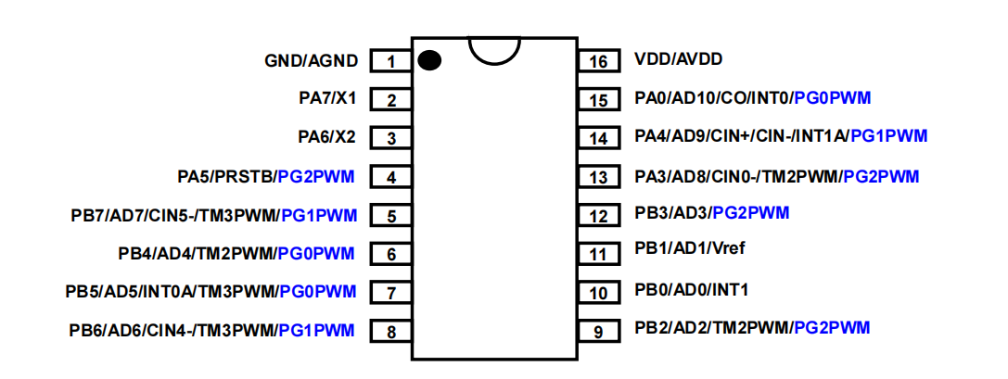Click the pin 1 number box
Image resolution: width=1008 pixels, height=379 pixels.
[x=391, y=61]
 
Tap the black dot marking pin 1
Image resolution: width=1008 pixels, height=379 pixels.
[x=428, y=61]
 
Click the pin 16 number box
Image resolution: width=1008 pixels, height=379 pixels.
[x=599, y=61]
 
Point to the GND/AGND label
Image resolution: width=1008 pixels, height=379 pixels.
[x=311, y=60]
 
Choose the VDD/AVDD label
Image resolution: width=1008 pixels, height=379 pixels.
[x=678, y=59]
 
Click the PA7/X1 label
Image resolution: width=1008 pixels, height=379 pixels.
[x=327, y=98]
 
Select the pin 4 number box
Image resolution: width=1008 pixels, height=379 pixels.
[x=391, y=177]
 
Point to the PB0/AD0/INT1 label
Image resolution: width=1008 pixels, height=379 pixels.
[x=691, y=289]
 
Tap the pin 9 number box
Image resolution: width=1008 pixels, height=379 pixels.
[x=599, y=331]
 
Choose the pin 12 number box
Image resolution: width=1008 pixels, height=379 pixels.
[x=599, y=216]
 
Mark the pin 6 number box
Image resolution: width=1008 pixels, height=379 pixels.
[x=391, y=254]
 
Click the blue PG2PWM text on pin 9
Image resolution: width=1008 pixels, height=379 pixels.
[x=832, y=327]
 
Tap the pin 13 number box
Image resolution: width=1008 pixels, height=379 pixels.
[x=599, y=177]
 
